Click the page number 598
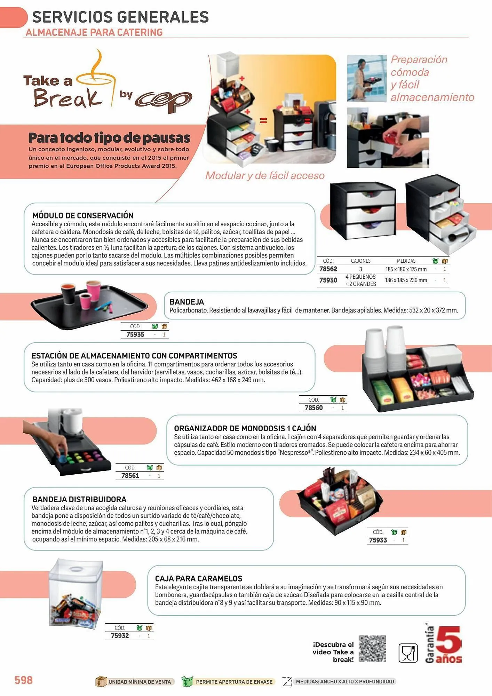pos(24,680)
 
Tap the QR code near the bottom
pos(373,649)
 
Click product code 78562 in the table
pos(328,269)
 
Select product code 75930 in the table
pos(328,280)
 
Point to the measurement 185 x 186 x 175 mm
pos(406,269)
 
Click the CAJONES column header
pos(360,261)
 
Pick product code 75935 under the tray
pos(135,334)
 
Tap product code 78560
pos(314,408)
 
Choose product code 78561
pos(130,476)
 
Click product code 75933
pos(378,540)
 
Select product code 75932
pos(120,636)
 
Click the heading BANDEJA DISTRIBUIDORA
pos(79,499)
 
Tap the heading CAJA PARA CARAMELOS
pos(199,578)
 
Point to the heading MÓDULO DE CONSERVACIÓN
pos(83,215)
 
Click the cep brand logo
pos(164,101)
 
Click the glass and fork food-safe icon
pos(408,652)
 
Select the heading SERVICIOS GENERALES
pos(120,17)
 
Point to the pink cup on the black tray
pos(93,291)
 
